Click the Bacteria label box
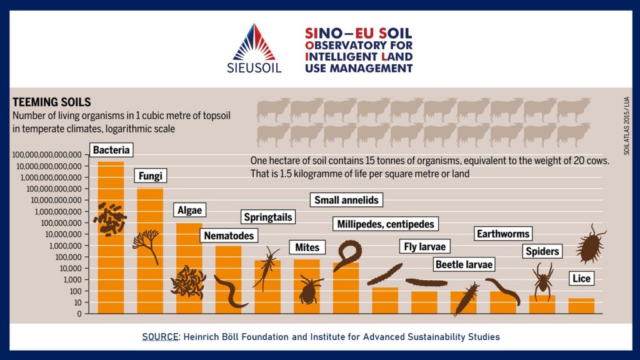tap(111, 150)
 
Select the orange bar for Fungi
tap(150, 251)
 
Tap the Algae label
tap(189, 210)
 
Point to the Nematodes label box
tap(229, 236)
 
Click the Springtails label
tap(267, 217)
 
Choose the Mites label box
tap(307, 247)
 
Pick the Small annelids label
tap(346, 200)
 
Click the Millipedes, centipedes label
tap(385, 224)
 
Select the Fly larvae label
tap(424, 246)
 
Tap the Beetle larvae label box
tap(464, 264)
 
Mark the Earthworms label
tap(503, 234)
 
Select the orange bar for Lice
tap(581, 306)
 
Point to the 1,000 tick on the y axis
tap(87, 279)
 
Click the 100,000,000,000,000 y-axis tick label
tap(47, 155)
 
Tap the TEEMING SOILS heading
tap(52, 102)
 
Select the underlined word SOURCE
tap(160, 337)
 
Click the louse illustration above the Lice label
tap(590, 244)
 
